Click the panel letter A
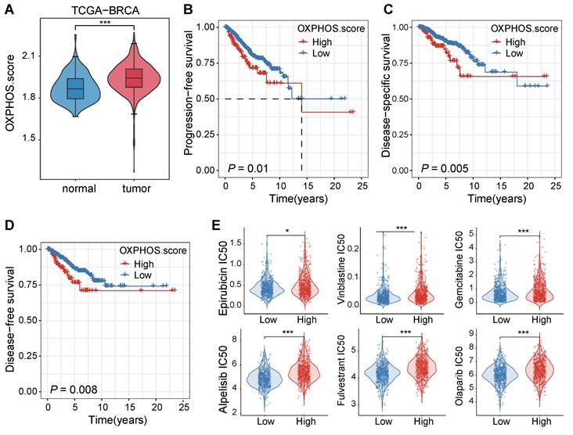click(x=7, y=8)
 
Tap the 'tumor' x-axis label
click(x=134, y=189)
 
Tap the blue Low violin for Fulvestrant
click(x=384, y=374)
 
